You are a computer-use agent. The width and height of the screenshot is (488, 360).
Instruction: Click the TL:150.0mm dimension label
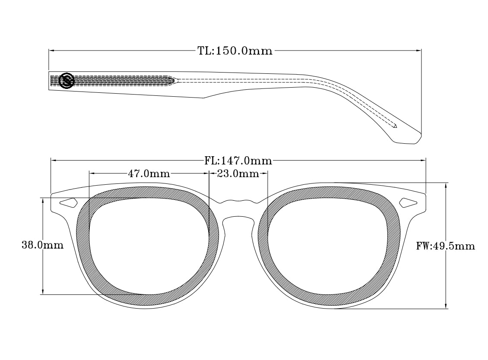tap(235, 51)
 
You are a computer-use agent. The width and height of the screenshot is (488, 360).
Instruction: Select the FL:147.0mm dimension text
tap(238, 161)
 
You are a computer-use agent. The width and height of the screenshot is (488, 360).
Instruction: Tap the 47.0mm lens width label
tap(149, 174)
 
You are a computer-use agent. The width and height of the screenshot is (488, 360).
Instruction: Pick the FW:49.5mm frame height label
tap(446, 246)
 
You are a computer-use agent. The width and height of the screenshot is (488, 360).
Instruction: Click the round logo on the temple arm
tap(67, 80)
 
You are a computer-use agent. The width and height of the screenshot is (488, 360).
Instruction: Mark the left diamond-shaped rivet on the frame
tap(68, 202)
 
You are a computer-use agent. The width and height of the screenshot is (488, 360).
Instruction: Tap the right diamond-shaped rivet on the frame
tap(408, 202)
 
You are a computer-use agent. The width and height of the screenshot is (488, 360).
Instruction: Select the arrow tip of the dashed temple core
tap(395, 126)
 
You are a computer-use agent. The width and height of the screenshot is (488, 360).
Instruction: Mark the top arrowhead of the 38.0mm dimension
tap(43, 200)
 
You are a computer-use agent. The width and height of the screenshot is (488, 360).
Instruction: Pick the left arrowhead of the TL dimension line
tap(51, 51)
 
